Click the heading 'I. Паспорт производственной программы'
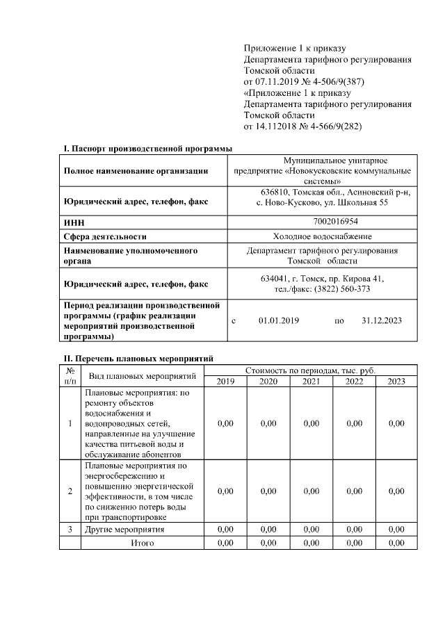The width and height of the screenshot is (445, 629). click(147, 148)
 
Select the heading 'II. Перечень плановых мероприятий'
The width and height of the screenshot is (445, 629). click(137, 358)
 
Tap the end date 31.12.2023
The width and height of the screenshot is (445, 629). click(382, 320)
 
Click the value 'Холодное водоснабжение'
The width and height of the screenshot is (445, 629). click(322, 236)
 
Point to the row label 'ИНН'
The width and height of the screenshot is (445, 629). click(74, 222)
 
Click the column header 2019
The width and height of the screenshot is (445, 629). click(225, 381)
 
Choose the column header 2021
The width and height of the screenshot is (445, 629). click(311, 381)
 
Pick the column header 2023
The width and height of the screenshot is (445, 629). click(396, 381)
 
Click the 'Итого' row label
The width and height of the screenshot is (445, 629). click(143, 543)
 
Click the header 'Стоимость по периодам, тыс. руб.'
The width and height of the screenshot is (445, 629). click(310, 370)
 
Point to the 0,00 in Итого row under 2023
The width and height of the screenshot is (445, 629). click(396, 543)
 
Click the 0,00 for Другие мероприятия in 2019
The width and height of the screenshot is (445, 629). click(225, 530)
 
